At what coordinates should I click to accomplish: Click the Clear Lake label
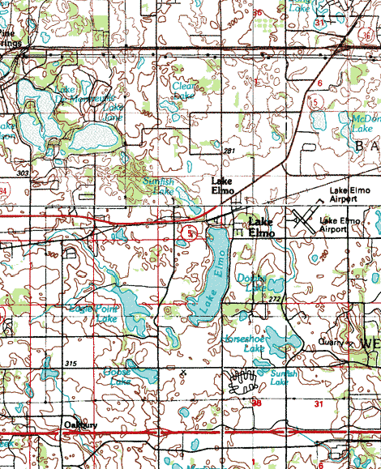(183, 90)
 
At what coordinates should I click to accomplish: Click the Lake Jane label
(110, 111)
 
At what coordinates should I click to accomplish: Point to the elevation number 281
(229, 151)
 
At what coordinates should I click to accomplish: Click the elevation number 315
(71, 364)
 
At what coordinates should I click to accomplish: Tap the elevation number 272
(274, 299)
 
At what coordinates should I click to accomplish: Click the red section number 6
(319, 83)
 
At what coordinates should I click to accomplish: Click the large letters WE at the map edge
(370, 344)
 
